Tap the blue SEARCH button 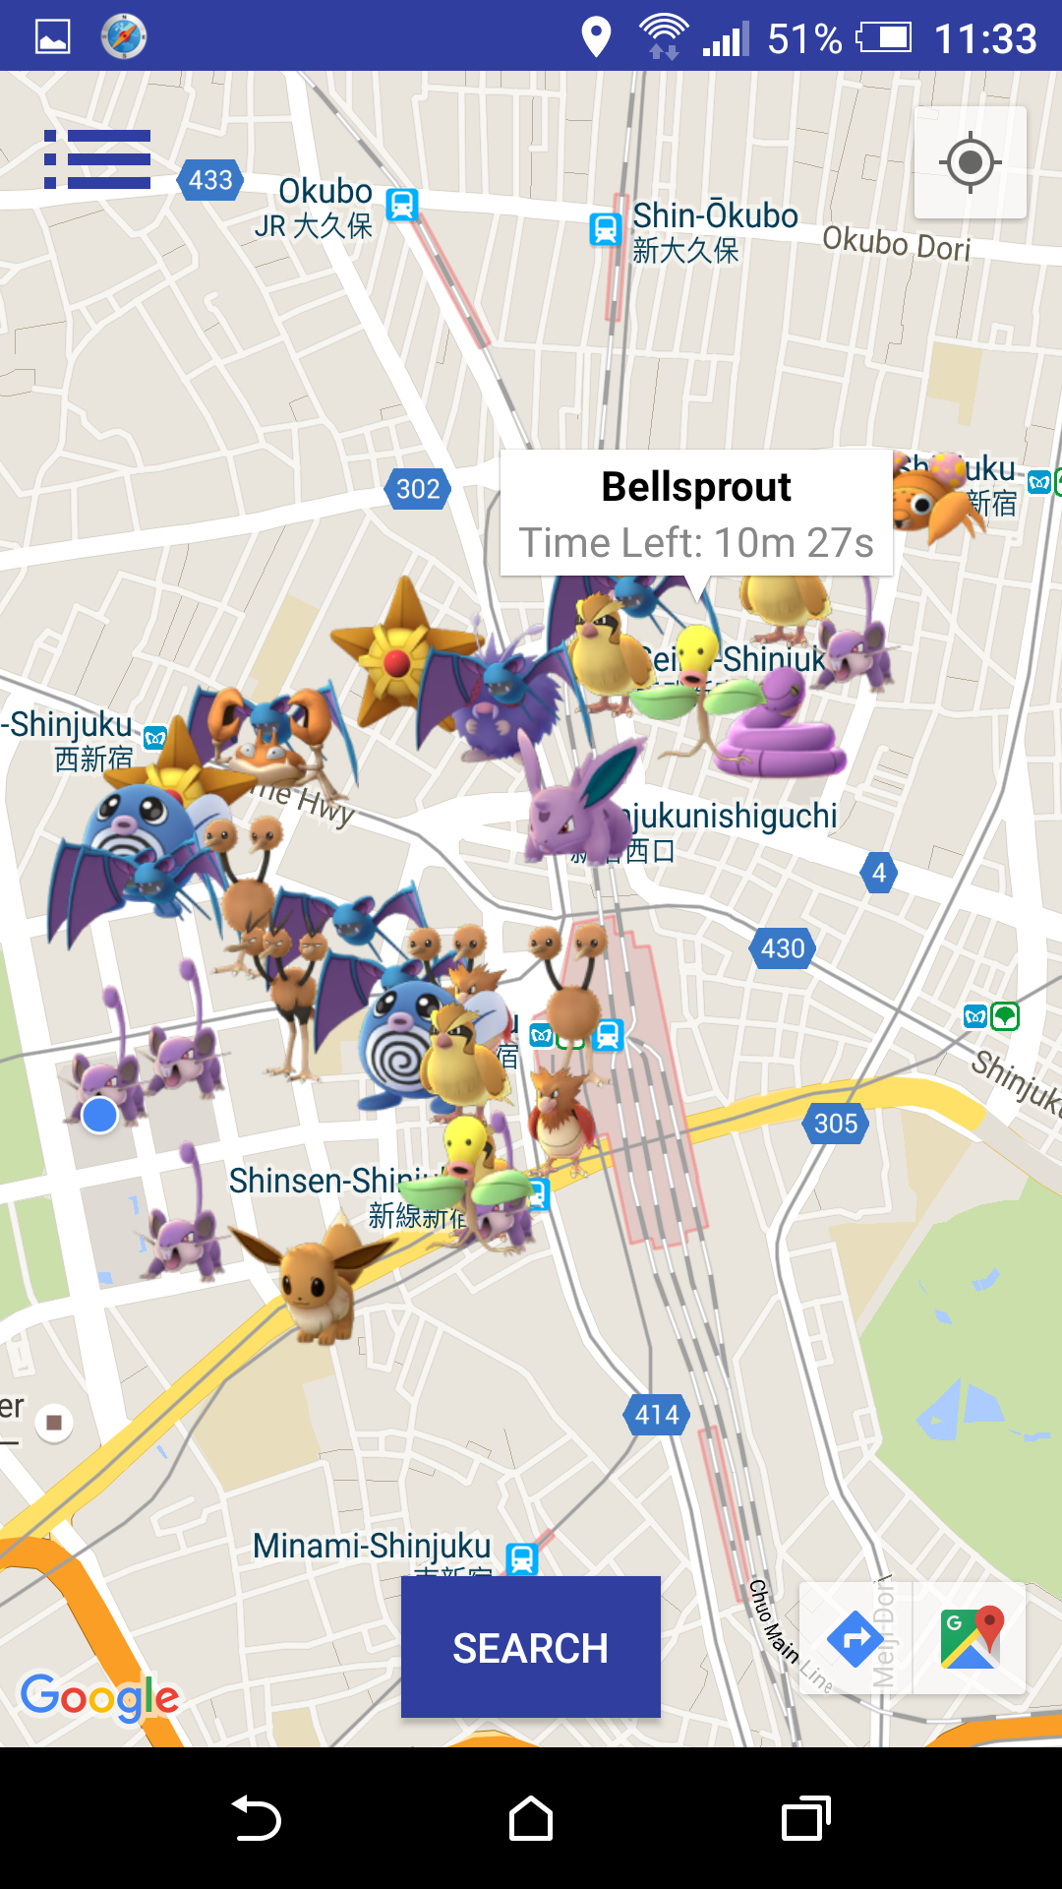click(530, 1647)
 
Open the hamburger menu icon click(97, 159)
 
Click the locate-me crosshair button click(970, 162)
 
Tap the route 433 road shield click(210, 180)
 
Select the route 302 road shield click(417, 489)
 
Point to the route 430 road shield click(783, 948)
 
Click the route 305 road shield click(836, 1124)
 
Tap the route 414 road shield click(657, 1415)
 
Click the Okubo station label click(324, 192)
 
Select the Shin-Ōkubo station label click(715, 216)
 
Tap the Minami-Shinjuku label click(372, 1546)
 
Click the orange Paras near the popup click(936, 498)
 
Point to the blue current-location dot click(99, 1116)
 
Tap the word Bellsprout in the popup click(696, 487)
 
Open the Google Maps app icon click(971, 1638)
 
